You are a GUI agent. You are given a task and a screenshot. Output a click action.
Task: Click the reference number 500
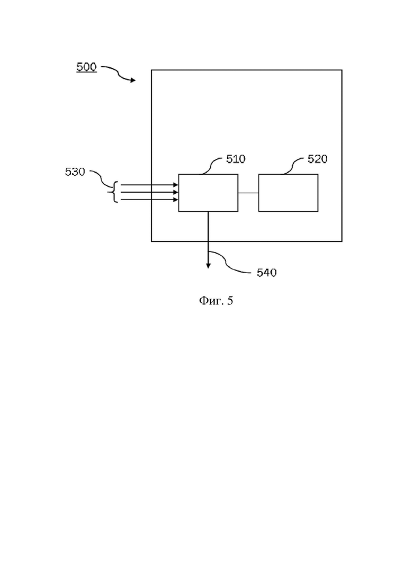86,67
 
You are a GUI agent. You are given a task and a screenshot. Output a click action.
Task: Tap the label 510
236,159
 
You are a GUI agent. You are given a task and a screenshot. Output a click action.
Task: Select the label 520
317,159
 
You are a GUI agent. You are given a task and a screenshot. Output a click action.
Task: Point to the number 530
75,172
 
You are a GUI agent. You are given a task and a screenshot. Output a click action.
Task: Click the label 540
267,273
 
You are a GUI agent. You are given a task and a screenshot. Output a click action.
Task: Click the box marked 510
208,193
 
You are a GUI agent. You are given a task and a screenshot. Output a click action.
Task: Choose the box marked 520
288,193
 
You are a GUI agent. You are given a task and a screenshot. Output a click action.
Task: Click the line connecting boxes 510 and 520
248,193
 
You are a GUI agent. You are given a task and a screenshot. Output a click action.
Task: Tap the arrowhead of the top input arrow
176,185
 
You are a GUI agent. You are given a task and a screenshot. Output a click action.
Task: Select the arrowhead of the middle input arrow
176,192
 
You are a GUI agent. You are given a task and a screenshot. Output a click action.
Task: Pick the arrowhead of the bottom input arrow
176,200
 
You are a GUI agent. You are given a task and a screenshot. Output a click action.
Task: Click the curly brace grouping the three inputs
113,192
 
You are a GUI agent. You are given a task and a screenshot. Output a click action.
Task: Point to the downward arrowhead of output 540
208,266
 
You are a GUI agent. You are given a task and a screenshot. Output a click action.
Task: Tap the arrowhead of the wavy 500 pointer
133,80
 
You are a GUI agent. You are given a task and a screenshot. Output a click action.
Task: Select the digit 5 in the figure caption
230,301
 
